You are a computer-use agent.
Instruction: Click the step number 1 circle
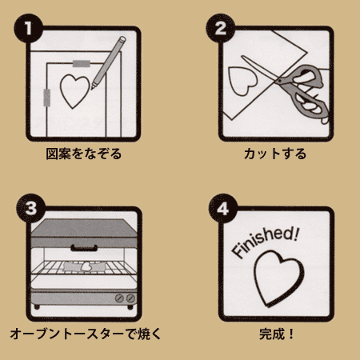pyautogui.click(x=28, y=28)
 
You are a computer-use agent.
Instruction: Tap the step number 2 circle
pyautogui.click(x=220, y=28)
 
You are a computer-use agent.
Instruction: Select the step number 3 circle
pyautogui.click(x=31, y=208)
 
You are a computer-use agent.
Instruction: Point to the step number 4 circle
pyautogui.click(x=222, y=208)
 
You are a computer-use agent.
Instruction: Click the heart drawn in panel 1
pyautogui.click(x=74, y=90)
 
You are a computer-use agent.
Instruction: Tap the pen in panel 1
pyautogui.click(x=108, y=63)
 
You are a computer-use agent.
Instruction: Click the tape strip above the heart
pyautogui.click(x=82, y=63)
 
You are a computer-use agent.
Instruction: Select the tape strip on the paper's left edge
pyautogui.click(x=47, y=98)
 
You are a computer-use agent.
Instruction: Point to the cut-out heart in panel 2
pyautogui.click(x=242, y=80)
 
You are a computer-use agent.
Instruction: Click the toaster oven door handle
pyautogui.click(x=84, y=248)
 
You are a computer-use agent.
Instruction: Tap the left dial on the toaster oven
pyautogui.click(x=119, y=298)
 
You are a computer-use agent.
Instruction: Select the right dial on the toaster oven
pyautogui.click(x=130, y=298)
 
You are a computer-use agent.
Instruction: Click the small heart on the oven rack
pyautogui.click(x=86, y=266)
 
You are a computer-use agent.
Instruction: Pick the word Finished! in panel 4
pyautogui.click(x=266, y=242)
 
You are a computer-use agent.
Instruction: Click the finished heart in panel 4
pyautogui.click(x=278, y=278)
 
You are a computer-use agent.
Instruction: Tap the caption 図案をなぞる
pyautogui.click(x=84, y=154)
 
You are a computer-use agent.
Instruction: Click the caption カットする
pyautogui.click(x=275, y=154)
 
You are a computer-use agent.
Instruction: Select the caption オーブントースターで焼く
pyautogui.click(x=86, y=334)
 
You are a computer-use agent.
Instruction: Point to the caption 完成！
pyautogui.click(x=276, y=334)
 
